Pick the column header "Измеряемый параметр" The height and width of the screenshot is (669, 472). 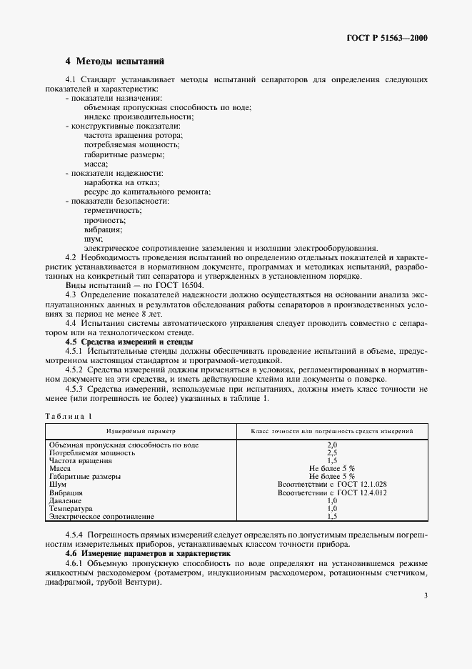tap(141, 432)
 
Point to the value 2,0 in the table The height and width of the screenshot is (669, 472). tap(331, 445)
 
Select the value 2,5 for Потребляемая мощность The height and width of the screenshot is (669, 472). tap(331, 453)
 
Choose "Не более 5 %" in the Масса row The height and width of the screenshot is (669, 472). tap(331, 469)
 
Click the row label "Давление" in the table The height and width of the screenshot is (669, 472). tap(66, 500)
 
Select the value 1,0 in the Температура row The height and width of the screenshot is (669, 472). tap(331, 508)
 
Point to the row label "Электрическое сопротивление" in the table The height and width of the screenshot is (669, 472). tap(101, 516)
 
